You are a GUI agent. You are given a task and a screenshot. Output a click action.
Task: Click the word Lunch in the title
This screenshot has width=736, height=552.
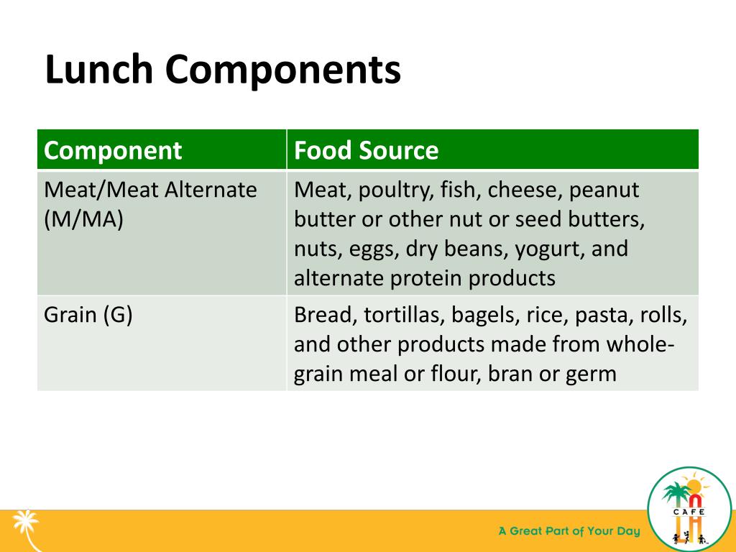[98, 70]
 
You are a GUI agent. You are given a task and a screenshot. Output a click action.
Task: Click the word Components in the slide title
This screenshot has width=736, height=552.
[282, 70]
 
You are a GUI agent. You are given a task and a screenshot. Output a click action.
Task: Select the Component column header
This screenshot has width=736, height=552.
[113, 151]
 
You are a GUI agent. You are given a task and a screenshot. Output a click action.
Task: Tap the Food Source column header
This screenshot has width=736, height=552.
[366, 151]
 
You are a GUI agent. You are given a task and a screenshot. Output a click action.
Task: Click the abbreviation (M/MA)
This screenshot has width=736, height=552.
[83, 219]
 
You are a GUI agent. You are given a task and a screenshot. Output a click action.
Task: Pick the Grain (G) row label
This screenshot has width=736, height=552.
[88, 316]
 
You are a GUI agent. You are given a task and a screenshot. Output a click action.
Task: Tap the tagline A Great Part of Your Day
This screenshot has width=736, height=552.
[569, 532]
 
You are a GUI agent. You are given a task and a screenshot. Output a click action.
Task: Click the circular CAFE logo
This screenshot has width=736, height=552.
[689, 510]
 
